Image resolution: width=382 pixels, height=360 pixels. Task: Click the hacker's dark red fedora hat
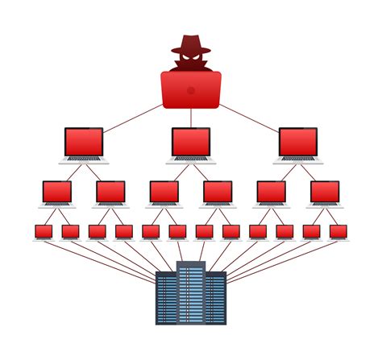(190, 43)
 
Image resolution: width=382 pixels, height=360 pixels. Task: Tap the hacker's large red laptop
(191, 89)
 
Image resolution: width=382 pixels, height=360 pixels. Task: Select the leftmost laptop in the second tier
(84, 143)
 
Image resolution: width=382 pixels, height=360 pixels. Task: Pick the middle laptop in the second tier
(191, 143)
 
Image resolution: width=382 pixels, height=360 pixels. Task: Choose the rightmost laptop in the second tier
(298, 143)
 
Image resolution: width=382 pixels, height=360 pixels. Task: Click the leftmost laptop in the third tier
(57, 192)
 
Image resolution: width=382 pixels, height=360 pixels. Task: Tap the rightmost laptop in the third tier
(325, 192)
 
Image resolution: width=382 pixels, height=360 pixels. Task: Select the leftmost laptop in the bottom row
(44, 232)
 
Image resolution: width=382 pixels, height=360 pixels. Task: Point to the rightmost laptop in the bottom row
(338, 232)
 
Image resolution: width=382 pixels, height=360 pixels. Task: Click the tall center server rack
(191, 294)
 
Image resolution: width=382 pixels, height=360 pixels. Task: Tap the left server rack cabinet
(166, 298)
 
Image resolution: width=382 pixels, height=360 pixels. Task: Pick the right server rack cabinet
(216, 298)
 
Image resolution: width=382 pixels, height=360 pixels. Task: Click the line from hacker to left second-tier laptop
(133, 117)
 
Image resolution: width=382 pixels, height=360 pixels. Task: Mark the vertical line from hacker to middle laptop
(191, 118)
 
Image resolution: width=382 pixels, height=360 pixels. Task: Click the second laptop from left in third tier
(110, 192)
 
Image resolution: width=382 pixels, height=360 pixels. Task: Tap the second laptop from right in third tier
(272, 192)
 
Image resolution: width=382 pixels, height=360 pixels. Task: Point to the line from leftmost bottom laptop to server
(101, 259)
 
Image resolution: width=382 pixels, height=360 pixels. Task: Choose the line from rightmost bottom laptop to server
(282, 259)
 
